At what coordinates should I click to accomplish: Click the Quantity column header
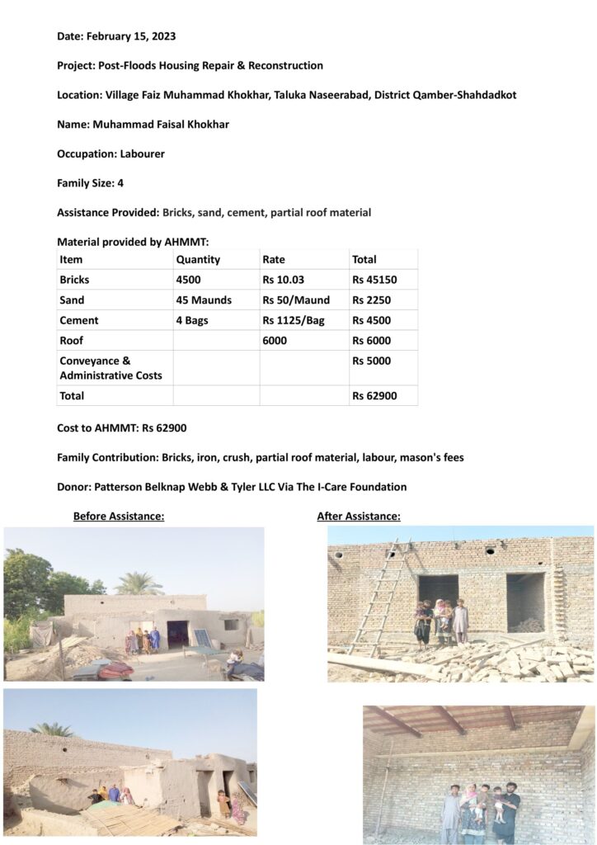click(198, 259)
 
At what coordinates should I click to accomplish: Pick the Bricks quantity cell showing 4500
click(189, 280)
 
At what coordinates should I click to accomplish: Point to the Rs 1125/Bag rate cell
click(294, 320)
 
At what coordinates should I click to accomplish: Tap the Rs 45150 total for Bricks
click(374, 280)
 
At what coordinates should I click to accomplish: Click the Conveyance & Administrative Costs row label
click(99, 368)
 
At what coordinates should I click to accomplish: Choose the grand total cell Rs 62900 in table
click(374, 396)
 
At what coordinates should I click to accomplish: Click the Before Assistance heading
click(119, 517)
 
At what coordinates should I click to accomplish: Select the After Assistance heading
click(359, 517)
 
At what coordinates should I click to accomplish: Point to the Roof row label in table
click(72, 341)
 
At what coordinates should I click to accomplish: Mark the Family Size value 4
click(120, 183)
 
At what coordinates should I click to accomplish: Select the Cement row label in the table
click(79, 320)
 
